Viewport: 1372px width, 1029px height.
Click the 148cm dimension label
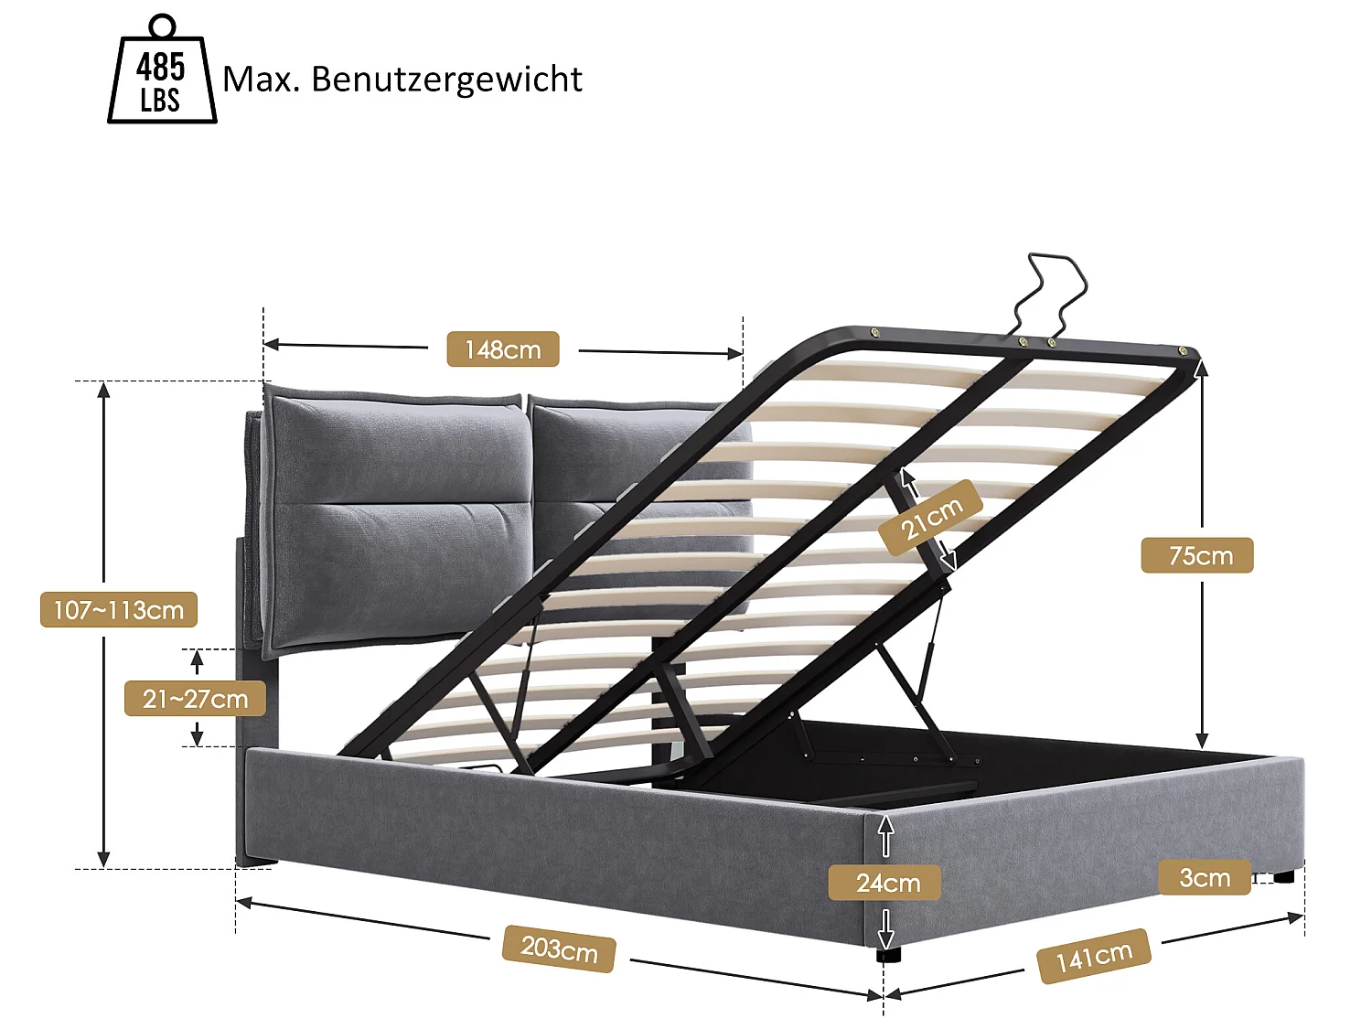pos(502,349)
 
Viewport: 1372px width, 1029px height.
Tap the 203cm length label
pos(558,949)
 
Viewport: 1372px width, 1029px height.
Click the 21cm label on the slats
pos(930,518)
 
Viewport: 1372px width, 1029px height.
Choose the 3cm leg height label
pos(1204,878)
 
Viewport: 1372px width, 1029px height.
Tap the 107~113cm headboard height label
pos(119,610)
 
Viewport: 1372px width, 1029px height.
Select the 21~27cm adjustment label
pos(195,699)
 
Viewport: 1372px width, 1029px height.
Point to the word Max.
pos(261,80)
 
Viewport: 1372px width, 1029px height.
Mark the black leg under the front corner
pos(888,954)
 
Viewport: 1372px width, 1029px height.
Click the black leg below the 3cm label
pos(1282,876)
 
